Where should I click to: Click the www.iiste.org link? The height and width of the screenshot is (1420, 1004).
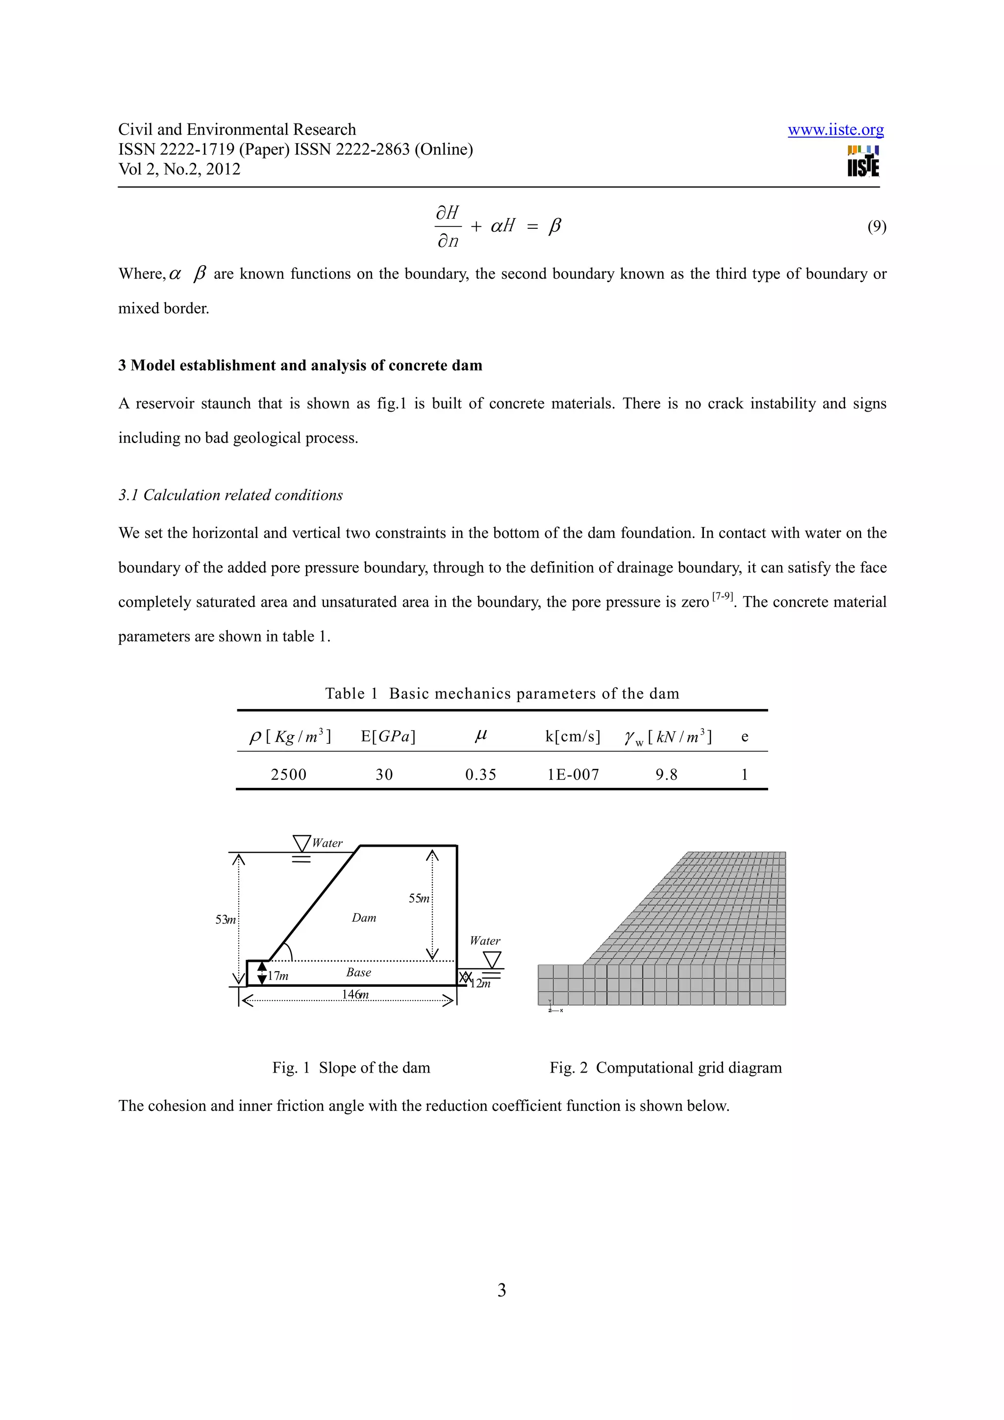point(835,130)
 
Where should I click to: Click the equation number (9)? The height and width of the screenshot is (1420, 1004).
point(876,226)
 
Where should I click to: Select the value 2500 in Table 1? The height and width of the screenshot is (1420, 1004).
point(288,774)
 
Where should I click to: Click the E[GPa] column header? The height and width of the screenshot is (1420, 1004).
point(388,736)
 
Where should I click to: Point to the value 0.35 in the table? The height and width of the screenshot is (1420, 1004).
point(480,774)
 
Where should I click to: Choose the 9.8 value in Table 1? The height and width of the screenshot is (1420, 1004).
point(666,774)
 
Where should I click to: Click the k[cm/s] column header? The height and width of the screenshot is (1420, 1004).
point(572,736)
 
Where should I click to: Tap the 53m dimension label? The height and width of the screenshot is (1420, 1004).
point(225,920)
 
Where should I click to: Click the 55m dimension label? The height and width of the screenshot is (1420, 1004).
point(419,898)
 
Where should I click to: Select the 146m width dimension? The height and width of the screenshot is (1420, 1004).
point(355,994)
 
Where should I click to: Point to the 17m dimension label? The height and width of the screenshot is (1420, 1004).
point(278,976)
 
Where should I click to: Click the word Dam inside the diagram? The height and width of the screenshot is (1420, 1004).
point(364,918)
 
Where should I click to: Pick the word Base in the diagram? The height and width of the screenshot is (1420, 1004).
point(359,972)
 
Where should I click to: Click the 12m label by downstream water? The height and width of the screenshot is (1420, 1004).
point(480,983)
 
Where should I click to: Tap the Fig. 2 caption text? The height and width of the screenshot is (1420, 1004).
point(666,1068)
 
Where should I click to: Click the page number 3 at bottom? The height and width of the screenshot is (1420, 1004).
point(502,1290)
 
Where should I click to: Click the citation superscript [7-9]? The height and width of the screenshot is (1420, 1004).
point(722,596)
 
